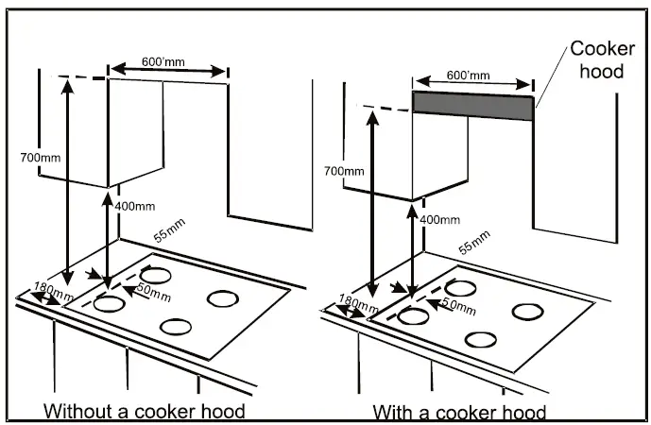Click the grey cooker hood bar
472,107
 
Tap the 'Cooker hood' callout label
598,59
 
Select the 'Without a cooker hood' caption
145,411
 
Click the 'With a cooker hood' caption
459,412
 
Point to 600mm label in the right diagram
468,75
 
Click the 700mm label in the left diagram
40,156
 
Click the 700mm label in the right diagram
343,172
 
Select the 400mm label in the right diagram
439,219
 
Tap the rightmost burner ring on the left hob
224,298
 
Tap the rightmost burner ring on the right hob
526,311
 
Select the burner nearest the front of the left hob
174,327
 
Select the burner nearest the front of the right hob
481,339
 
